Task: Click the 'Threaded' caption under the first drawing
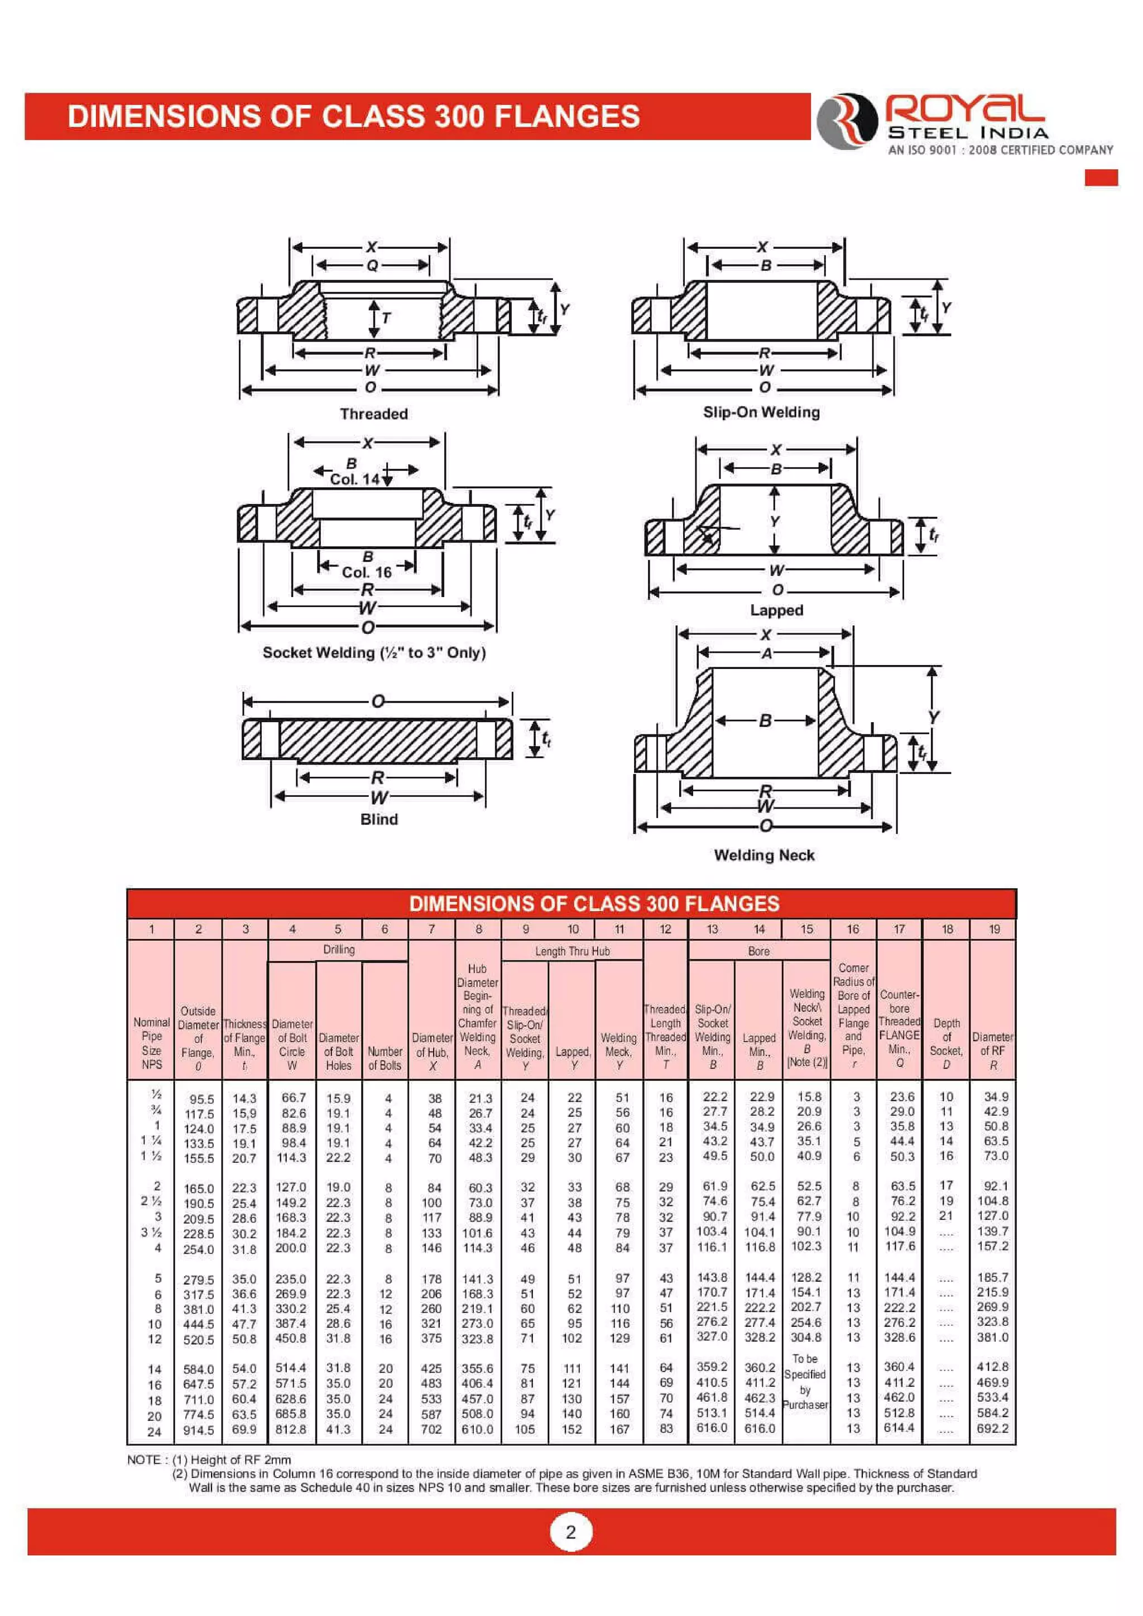(x=374, y=414)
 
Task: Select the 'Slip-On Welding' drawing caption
(x=761, y=412)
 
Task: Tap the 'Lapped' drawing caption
(x=776, y=610)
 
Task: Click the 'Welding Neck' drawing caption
(x=763, y=855)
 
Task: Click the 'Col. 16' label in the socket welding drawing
(x=367, y=572)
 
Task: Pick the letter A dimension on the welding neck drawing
(x=766, y=653)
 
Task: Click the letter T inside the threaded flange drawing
(x=386, y=318)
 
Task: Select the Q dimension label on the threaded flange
(x=372, y=266)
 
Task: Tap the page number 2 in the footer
(x=571, y=1532)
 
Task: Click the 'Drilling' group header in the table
(x=339, y=950)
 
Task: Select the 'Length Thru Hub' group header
(x=572, y=951)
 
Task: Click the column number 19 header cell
(x=993, y=929)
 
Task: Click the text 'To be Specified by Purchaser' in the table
(x=805, y=1382)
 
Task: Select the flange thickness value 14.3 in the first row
(x=244, y=1099)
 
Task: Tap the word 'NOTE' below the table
(x=143, y=1460)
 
